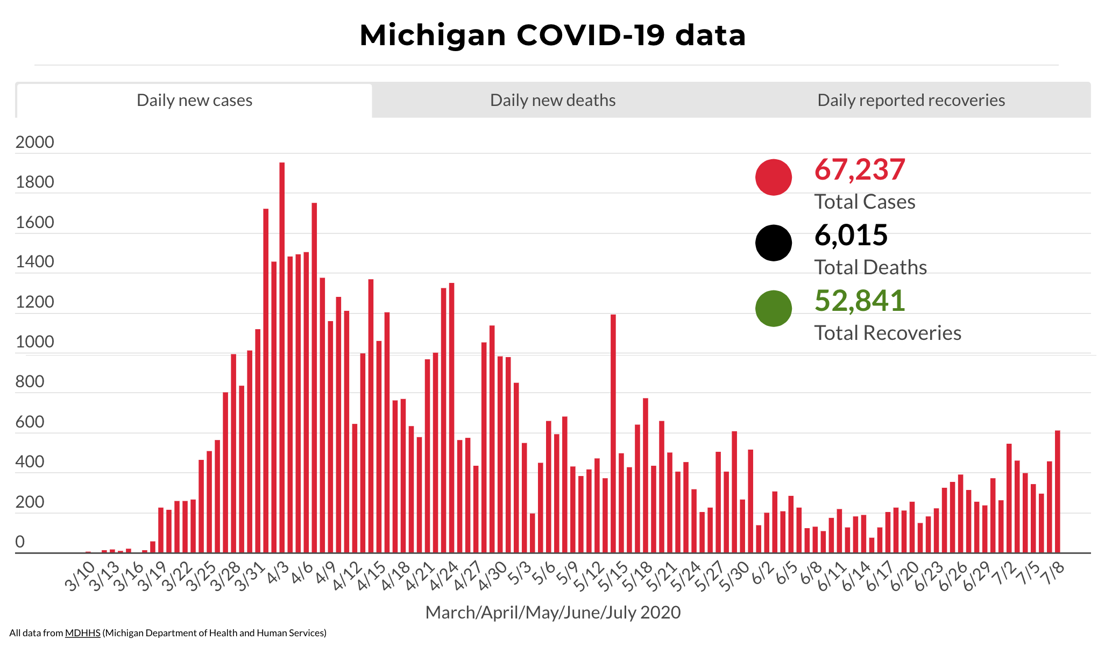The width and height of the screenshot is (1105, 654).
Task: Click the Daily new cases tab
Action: pos(194,101)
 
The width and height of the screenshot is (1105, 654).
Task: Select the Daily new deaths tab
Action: pos(552,101)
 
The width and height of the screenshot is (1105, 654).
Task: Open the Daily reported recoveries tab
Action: pos(911,101)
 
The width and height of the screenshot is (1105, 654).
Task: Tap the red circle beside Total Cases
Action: pos(773,177)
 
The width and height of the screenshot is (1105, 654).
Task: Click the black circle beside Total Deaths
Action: pos(773,243)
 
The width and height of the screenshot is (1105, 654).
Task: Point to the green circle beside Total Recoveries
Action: pos(773,308)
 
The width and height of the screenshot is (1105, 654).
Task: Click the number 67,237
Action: pos(859,170)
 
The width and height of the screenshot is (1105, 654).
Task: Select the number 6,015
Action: pos(851,236)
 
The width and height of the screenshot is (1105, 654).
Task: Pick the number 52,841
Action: pos(859,301)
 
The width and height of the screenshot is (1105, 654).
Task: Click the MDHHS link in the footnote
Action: pos(83,633)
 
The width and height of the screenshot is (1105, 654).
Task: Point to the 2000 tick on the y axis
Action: pos(35,142)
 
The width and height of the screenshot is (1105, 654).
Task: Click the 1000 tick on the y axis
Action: pos(35,342)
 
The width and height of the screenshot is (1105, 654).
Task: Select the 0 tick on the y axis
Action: pos(20,542)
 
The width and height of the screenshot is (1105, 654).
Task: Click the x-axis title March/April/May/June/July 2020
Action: pos(552,613)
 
